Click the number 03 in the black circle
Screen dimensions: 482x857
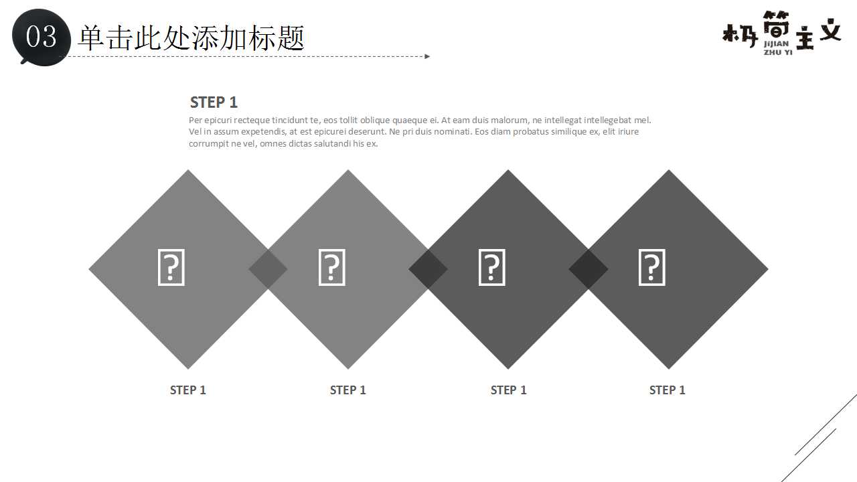(41, 37)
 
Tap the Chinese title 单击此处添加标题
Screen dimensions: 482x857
(191, 37)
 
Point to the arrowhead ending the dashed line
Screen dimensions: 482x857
(427, 56)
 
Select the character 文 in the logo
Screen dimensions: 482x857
(830, 30)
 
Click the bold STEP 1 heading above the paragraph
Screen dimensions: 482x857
(214, 102)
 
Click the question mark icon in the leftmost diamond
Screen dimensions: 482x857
(171, 268)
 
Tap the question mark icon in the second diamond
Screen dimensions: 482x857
(331, 268)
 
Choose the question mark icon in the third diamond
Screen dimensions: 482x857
(491, 268)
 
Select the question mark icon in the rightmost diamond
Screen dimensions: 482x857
(651, 268)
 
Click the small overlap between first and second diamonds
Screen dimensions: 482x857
(268, 269)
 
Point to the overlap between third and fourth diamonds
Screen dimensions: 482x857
(589, 269)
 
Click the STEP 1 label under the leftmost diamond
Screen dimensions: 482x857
(188, 390)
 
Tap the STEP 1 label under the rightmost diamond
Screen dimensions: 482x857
(668, 390)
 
